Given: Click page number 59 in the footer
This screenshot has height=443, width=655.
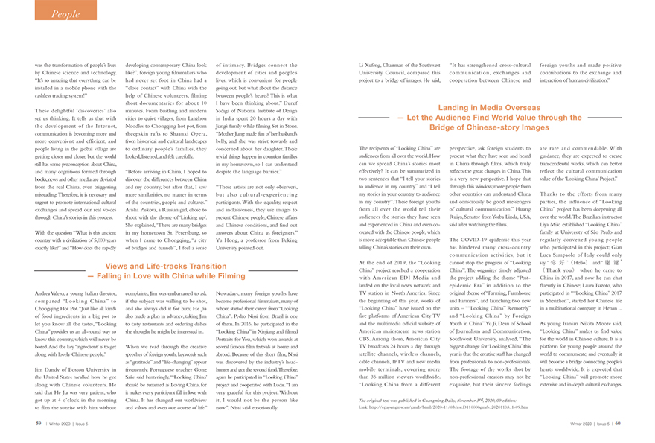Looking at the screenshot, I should point(38,423).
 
